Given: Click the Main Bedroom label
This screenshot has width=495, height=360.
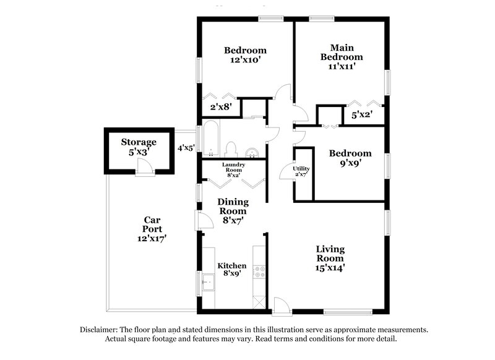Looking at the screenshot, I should point(337,56).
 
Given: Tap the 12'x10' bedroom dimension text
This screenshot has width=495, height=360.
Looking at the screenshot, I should point(245,61).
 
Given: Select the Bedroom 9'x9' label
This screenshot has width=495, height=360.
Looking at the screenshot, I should point(350,158).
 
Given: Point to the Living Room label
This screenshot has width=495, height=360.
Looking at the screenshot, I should point(330,258).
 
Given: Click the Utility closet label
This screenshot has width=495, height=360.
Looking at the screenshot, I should point(301,171).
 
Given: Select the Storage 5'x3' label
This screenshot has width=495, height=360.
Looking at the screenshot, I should point(138,147).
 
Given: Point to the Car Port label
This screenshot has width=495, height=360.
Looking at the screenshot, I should point(152,228).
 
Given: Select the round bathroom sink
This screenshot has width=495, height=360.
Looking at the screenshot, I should point(252,152).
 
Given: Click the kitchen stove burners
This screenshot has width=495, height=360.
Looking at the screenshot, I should point(260,274).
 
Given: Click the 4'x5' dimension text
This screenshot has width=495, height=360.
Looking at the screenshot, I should point(186,148).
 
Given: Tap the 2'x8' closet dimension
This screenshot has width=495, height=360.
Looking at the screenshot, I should point(220,107).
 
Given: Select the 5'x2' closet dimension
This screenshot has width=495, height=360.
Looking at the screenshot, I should point(361,114).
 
